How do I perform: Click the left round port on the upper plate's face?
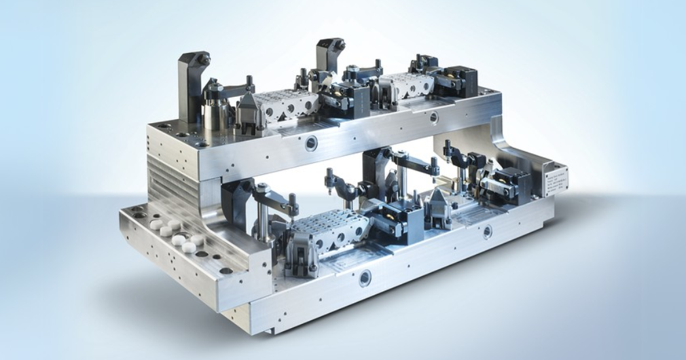pos(312,144)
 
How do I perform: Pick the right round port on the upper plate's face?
pos(433,117)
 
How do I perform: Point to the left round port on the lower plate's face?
pos(365,278)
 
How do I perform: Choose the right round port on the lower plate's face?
pos(486,232)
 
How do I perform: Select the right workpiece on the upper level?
pos(407,88)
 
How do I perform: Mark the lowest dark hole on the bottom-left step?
pos(226,270)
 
